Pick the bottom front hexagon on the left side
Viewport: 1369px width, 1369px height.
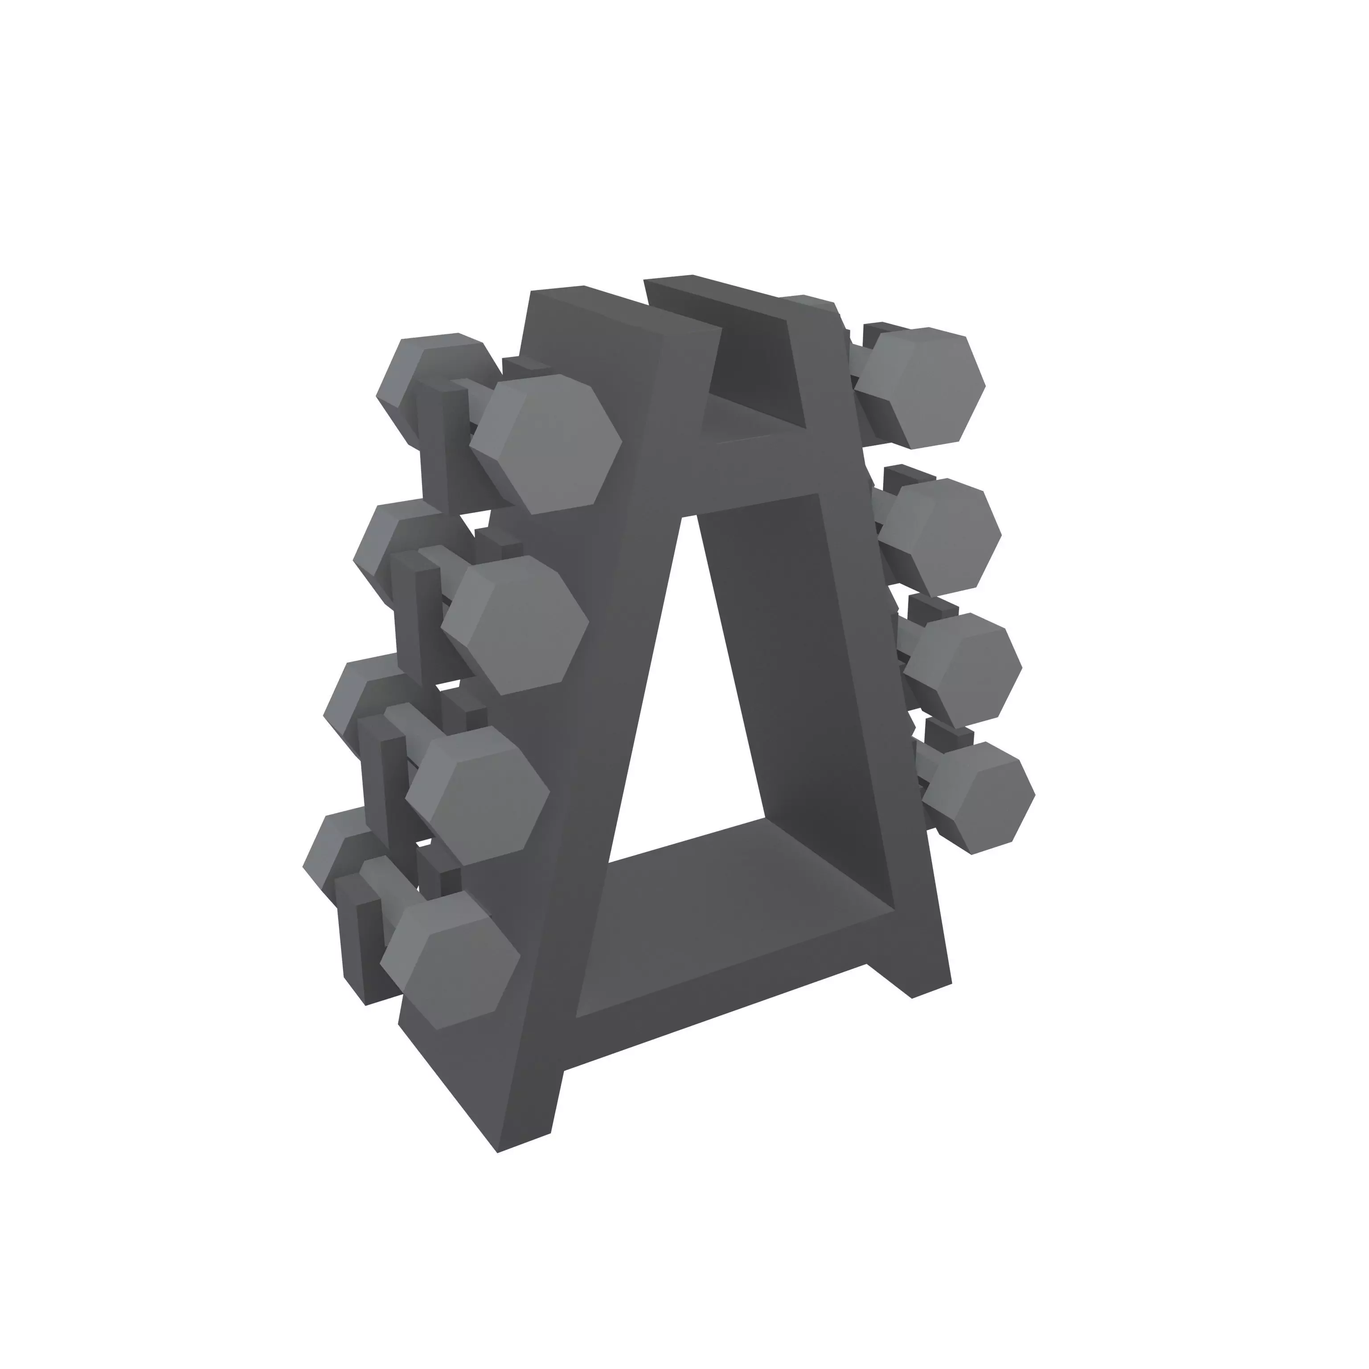[x=451, y=963]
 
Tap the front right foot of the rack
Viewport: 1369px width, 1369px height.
[x=921, y=971]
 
